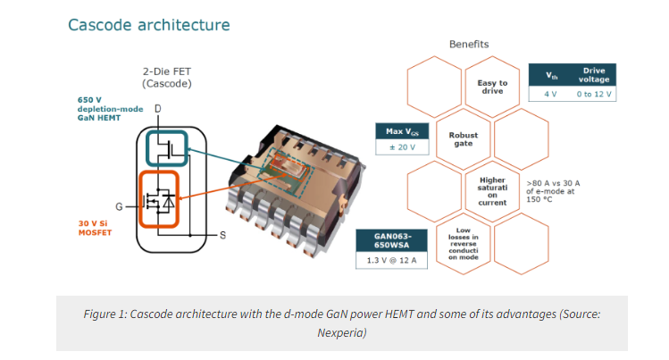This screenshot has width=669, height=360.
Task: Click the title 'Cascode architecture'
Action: pyautogui.click(x=149, y=25)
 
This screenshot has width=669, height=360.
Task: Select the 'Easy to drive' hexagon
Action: pyautogui.click(x=492, y=87)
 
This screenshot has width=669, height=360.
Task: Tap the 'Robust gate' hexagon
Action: pyautogui.click(x=464, y=139)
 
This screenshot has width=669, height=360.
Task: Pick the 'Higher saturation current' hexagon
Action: pyautogui.click(x=492, y=191)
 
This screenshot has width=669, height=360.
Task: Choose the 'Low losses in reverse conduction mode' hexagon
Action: pyautogui.click(x=464, y=244)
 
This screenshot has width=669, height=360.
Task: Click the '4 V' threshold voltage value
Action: pyautogui.click(x=550, y=94)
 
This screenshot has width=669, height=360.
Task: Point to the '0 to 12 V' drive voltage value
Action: pyautogui.click(x=594, y=94)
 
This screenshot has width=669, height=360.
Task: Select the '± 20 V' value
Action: pyautogui.click(x=402, y=147)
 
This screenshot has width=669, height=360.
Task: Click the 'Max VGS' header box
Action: pyautogui.click(x=402, y=131)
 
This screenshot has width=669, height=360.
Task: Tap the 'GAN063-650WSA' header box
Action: pyautogui.click(x=392, y=240)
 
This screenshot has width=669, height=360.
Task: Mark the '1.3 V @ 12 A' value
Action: pyautogui.click(x=392, y=260)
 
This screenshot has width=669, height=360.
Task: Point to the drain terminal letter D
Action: pyautogui.click(x=158, y=109)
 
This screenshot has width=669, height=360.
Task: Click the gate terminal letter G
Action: pyautogui.click(x=119, y=207)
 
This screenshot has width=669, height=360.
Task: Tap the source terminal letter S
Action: pyautogui.click(x=222, y=235)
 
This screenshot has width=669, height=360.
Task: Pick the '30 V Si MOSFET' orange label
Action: pyautogui.click(x=95, y=228)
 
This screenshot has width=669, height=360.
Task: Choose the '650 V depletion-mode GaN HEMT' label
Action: pyautogui.click(x=110, y=109)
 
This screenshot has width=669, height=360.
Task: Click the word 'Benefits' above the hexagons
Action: pyautogui.click(x=469, y=44)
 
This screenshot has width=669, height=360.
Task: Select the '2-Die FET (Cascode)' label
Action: pyautogui.click(x=167, y=77)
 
